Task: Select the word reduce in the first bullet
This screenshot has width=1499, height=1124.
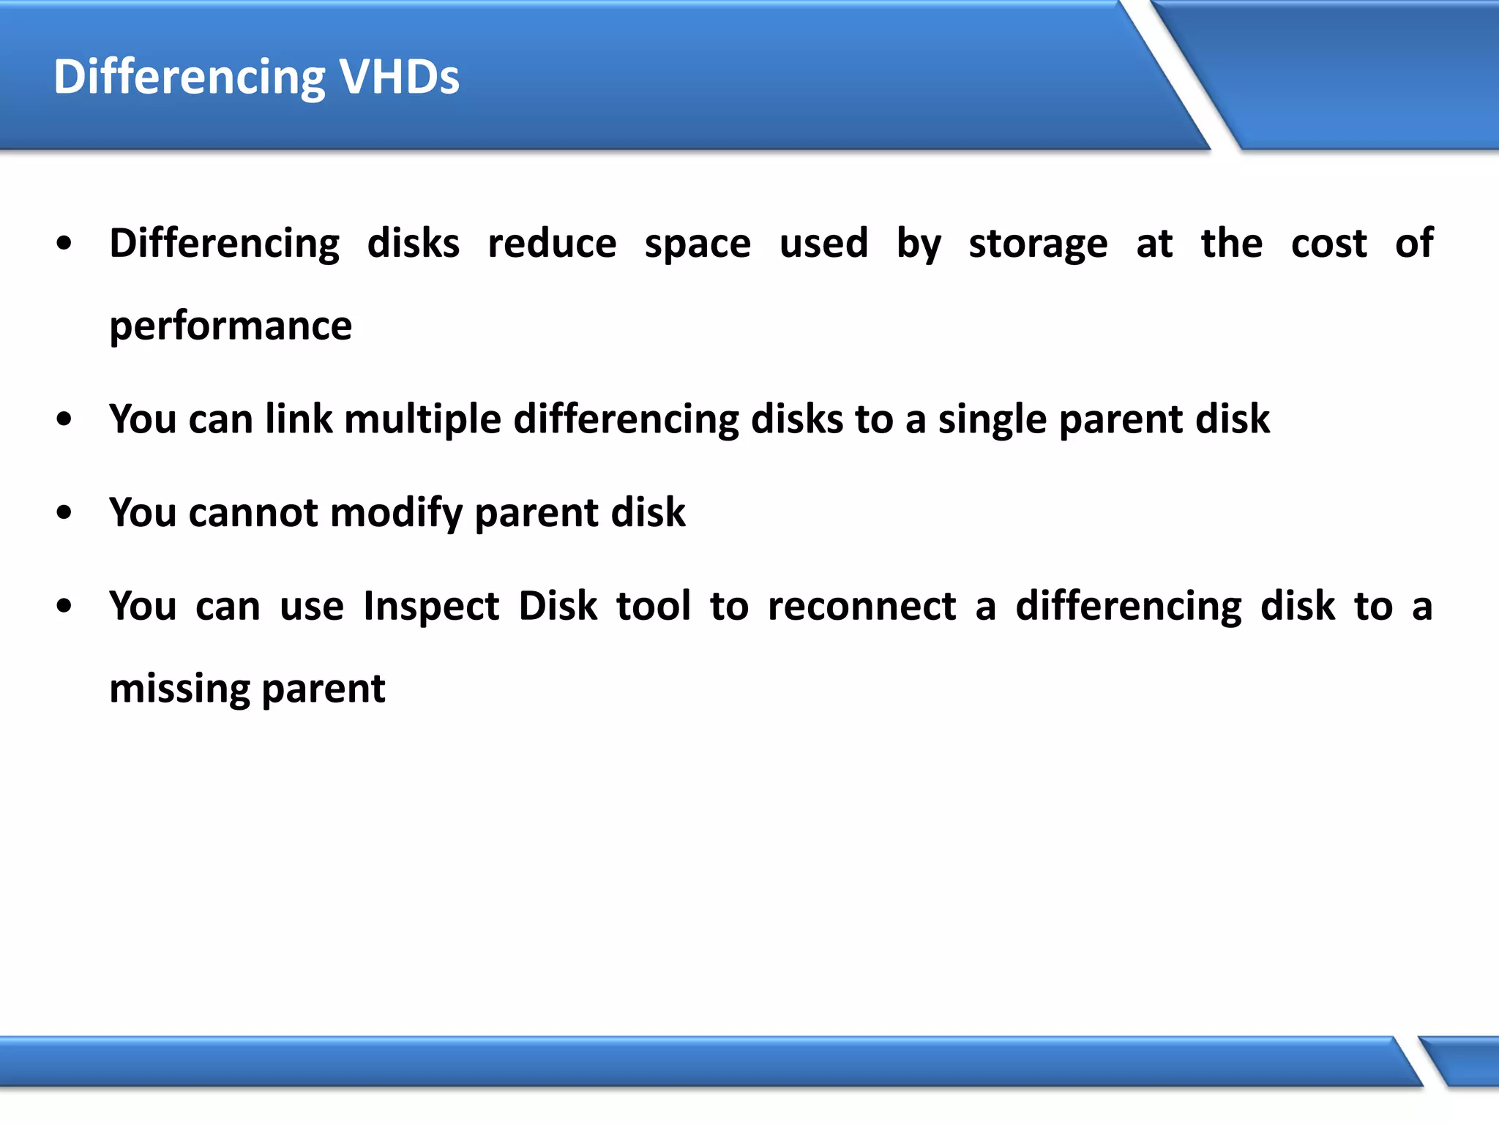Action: [552, 244]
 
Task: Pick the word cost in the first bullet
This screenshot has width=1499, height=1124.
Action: [1328, 244]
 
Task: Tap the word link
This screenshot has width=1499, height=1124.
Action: [299, 419]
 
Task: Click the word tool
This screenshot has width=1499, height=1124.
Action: [654, 606]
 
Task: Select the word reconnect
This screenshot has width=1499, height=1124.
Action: [861, 607]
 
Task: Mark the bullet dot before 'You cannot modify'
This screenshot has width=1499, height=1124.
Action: [64, 513]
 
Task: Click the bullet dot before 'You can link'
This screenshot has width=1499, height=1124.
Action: [64, 420]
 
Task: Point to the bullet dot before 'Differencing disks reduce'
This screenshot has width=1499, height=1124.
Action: [64, 244]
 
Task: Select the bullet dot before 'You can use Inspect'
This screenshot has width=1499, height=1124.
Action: [64, 607]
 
